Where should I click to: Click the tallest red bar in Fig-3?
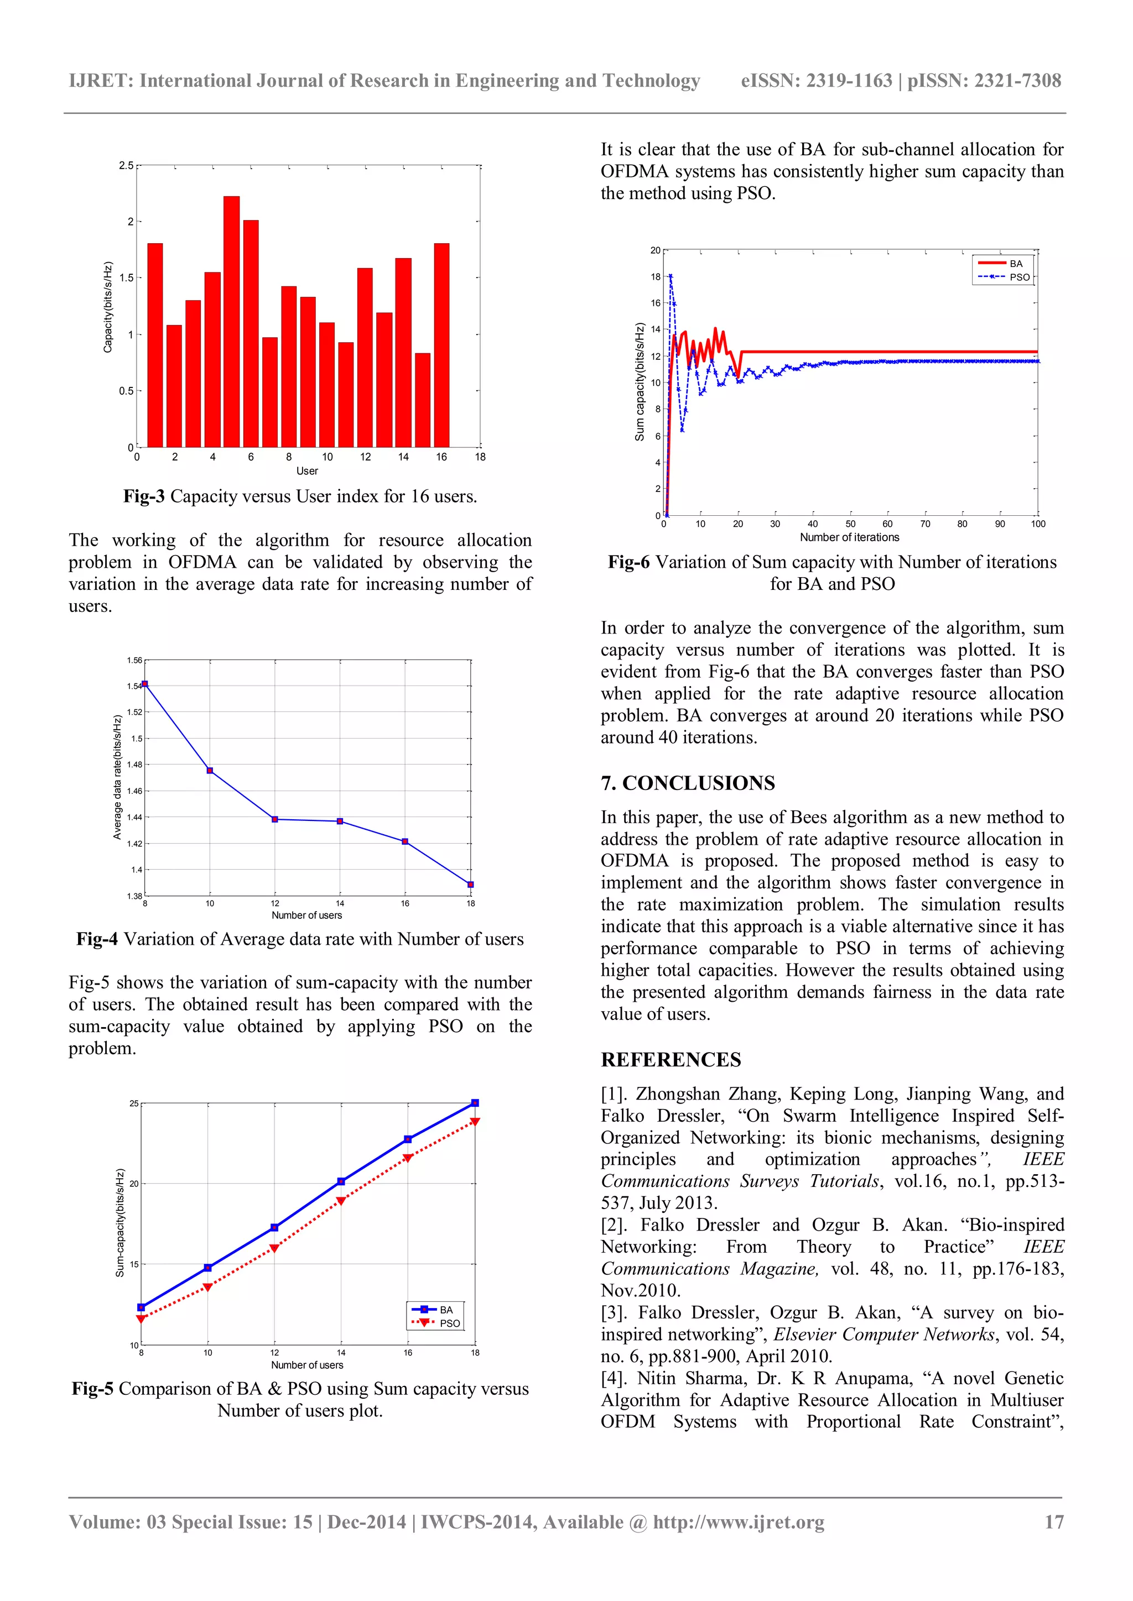(x=232, y=321)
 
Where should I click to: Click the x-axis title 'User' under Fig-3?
(x=307, y=470)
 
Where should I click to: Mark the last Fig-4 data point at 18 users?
(x=470, y=884)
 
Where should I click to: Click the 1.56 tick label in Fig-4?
(x=134, y=660)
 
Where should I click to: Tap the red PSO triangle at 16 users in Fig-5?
(x=407, y=1158)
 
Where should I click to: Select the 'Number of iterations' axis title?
(x=849, y=537)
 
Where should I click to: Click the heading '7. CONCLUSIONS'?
(x=687, y=783)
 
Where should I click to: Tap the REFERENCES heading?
(x=671, y=1060)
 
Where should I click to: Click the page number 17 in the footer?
(x=1053, y=1521)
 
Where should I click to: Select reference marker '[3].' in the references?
(x=615, y=1312)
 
